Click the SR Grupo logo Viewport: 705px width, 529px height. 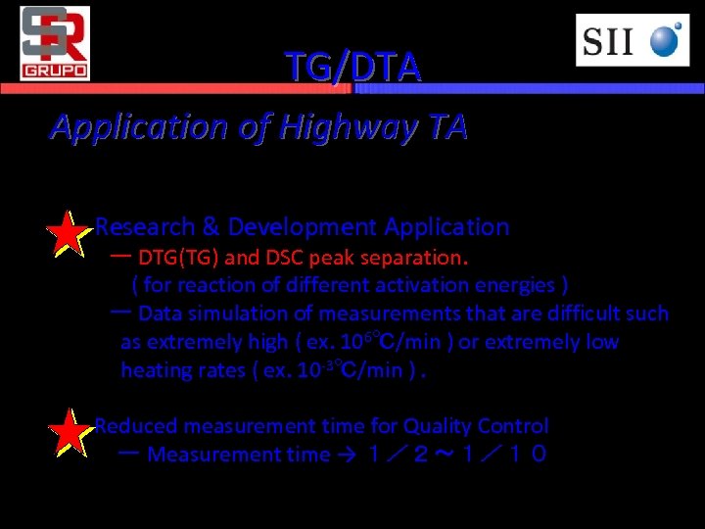coord(55,42)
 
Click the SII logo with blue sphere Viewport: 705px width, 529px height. coord(632,41)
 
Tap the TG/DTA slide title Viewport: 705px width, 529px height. coord(352,67)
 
